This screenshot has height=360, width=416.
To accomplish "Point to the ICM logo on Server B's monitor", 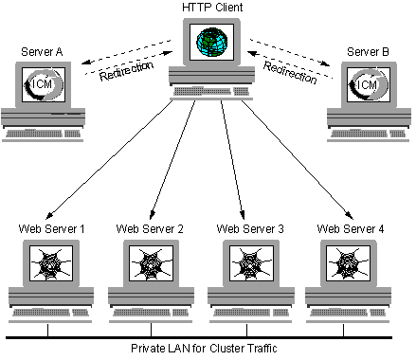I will tap(369, 85).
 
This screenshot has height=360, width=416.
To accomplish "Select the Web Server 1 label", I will tap(51, 228).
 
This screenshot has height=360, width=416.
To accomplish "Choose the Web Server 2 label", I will tap(150, 228).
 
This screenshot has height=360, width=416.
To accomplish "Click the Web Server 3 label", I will tap(250, 228).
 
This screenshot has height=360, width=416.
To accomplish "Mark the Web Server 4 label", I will tap(350, 228).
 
